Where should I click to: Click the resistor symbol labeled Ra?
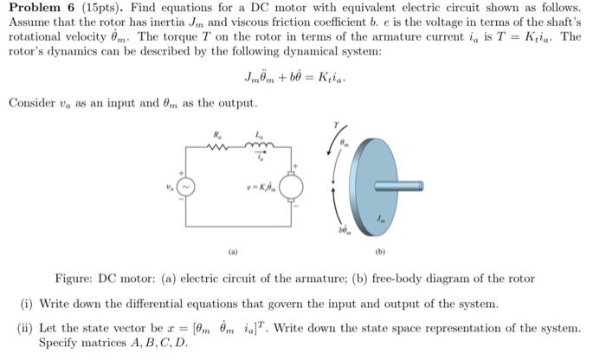(216, 146)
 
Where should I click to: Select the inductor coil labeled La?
(260, 146)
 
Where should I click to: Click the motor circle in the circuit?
(291, 185)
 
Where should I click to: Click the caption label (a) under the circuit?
(233, 252)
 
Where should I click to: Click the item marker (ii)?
(26, 328)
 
